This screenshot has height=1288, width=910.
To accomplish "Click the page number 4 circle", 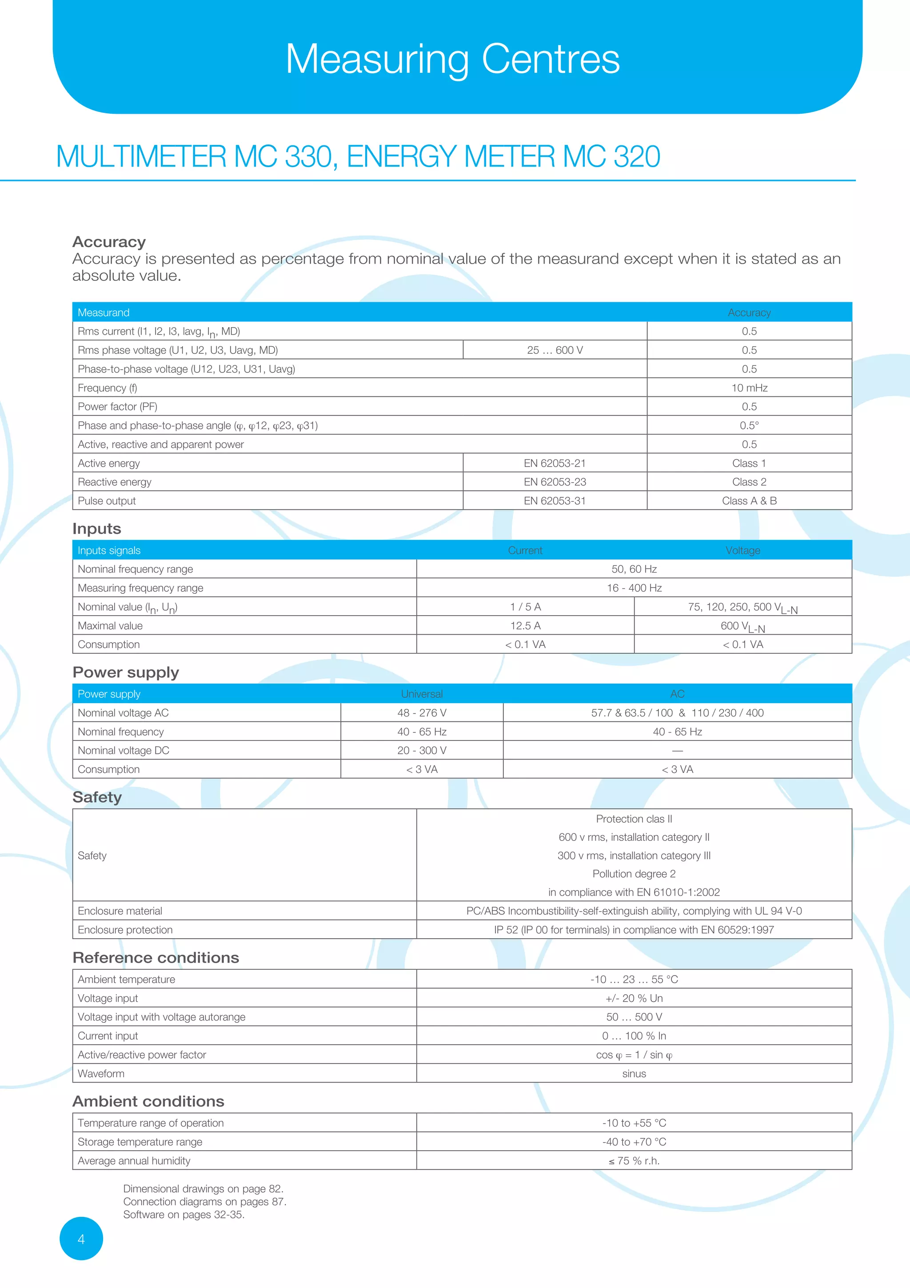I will pos(81,1239).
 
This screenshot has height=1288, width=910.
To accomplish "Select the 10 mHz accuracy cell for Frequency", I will pos(749,388).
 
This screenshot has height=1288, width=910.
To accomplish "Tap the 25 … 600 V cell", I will pos(555,350).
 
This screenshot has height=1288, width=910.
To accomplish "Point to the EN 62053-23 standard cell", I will pos(555,482).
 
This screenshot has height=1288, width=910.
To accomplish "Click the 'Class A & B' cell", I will pos(749,501).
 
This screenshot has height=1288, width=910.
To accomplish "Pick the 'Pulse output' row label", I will pos(107,501).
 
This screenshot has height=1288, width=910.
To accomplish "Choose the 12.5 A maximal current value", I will pos(525,625).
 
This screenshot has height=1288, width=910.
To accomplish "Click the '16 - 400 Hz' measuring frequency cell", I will pos(634,588).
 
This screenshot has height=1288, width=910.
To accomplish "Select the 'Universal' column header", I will pos(422,694).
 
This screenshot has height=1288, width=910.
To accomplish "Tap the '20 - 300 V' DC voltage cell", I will pos(422,751).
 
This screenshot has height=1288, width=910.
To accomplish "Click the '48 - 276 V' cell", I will pos(422,713).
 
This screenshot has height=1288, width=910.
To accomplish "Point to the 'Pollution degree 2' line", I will pos(634,874).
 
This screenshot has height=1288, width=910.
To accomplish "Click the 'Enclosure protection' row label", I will pos(125,929).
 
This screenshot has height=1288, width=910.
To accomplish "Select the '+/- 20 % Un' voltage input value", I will pos(634,998).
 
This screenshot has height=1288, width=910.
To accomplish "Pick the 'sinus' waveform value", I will pos(634,1073).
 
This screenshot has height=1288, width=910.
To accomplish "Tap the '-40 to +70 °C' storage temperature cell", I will pos(634,1142).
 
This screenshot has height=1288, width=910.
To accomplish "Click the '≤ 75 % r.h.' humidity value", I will pos(634,1160).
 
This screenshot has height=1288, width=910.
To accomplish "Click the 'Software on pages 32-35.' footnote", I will pos(184,1215).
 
